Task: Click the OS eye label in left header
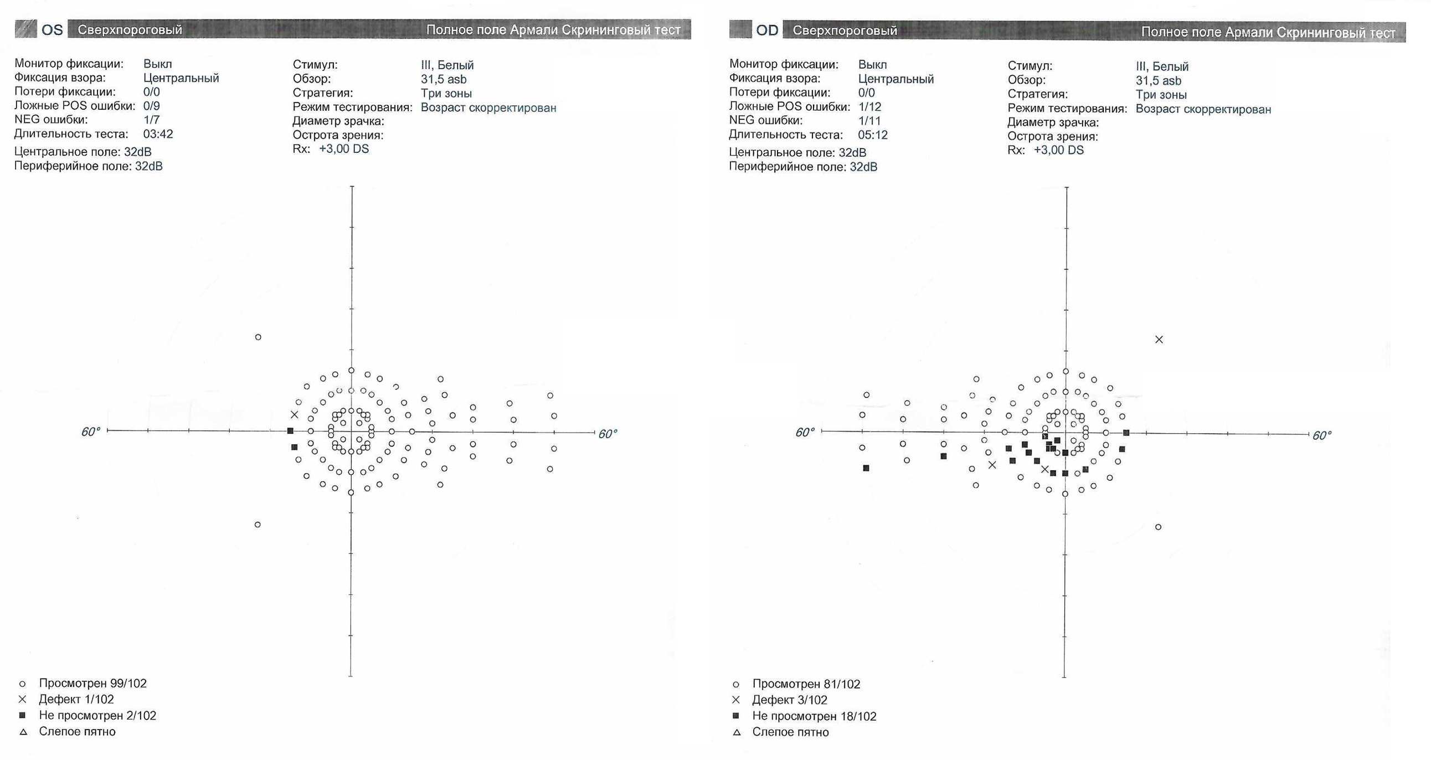pos(52,29)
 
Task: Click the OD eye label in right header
pos(766,30)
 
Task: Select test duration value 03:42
pos(158,134)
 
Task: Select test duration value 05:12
pos(873,135)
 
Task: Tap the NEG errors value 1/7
pos(151,120)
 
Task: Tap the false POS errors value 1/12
pos(869,107)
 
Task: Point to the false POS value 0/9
pos(151,106)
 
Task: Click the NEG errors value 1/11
pos(869,121)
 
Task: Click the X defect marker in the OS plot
pos(295,414)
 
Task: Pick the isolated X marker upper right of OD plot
pos(1159,340)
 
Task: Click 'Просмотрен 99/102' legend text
pos(92,684)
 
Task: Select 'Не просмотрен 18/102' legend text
pos(814,716)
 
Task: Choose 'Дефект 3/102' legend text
pos(789,700)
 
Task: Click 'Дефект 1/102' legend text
pos(76,700)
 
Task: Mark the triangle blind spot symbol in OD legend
pos(737,733)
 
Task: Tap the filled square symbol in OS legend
pos(22,715)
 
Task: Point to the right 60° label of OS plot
pos(608,434)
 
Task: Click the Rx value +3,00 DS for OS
pos(343,149)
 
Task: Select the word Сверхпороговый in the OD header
pos(845,30)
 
